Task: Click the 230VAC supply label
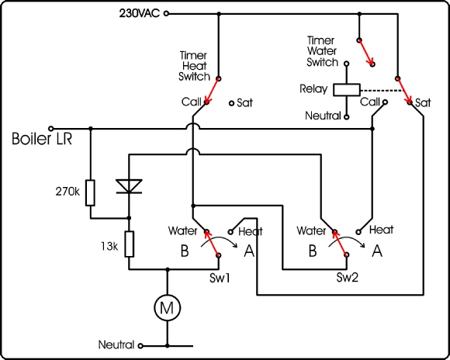coord(140,13)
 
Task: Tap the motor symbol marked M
coord(168,307)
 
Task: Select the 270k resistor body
coord(90,192)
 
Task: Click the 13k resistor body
coord(129,244)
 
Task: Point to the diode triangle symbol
coord(129,186)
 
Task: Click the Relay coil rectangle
coord(347,89)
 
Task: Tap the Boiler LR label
coord(42,139)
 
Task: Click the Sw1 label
coord(220,279)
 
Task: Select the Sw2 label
coord(348,278)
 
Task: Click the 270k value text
coord(67,192)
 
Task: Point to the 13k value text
coord(109,246)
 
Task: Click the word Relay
coord(313,88)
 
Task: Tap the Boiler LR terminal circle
coord(51,129)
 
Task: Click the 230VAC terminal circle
coord(166,13)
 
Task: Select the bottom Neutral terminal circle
coord(140,346)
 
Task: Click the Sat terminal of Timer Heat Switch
coord(232,103)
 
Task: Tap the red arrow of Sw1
coord(212,242)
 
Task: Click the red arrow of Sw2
coord(340,242)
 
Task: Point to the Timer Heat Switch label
coord(194,66)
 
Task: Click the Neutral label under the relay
coord(323,116)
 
